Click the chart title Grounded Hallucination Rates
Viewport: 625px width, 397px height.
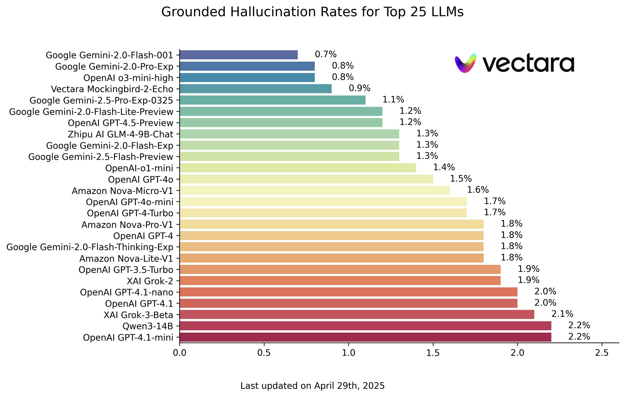(x=312, y=12)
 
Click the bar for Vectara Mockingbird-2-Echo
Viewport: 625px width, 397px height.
(x=255, y=89)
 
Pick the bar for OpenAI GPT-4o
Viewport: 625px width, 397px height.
(x=306, y=179)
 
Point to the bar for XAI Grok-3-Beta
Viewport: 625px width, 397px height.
(x=357, y=315)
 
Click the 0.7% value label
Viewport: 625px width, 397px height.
(x=326, y=54)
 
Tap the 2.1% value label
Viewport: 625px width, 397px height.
(x=562, y=314)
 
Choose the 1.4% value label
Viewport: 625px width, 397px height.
(x=444, y=167)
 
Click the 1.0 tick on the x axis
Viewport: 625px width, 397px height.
(x=348, y=353)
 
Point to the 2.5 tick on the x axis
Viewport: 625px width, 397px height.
(x=602, y=353)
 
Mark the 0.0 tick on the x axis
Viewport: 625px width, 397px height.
(x=180, y=353)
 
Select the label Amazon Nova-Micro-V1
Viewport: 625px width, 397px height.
(x=122, y=191)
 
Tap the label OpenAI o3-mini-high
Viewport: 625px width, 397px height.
(x=128, y=78)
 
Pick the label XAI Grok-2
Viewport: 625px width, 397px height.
(x=150, y=281)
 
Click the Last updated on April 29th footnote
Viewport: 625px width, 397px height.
(x=312, y=386)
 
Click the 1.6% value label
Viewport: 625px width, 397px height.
(x=477, y=190)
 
